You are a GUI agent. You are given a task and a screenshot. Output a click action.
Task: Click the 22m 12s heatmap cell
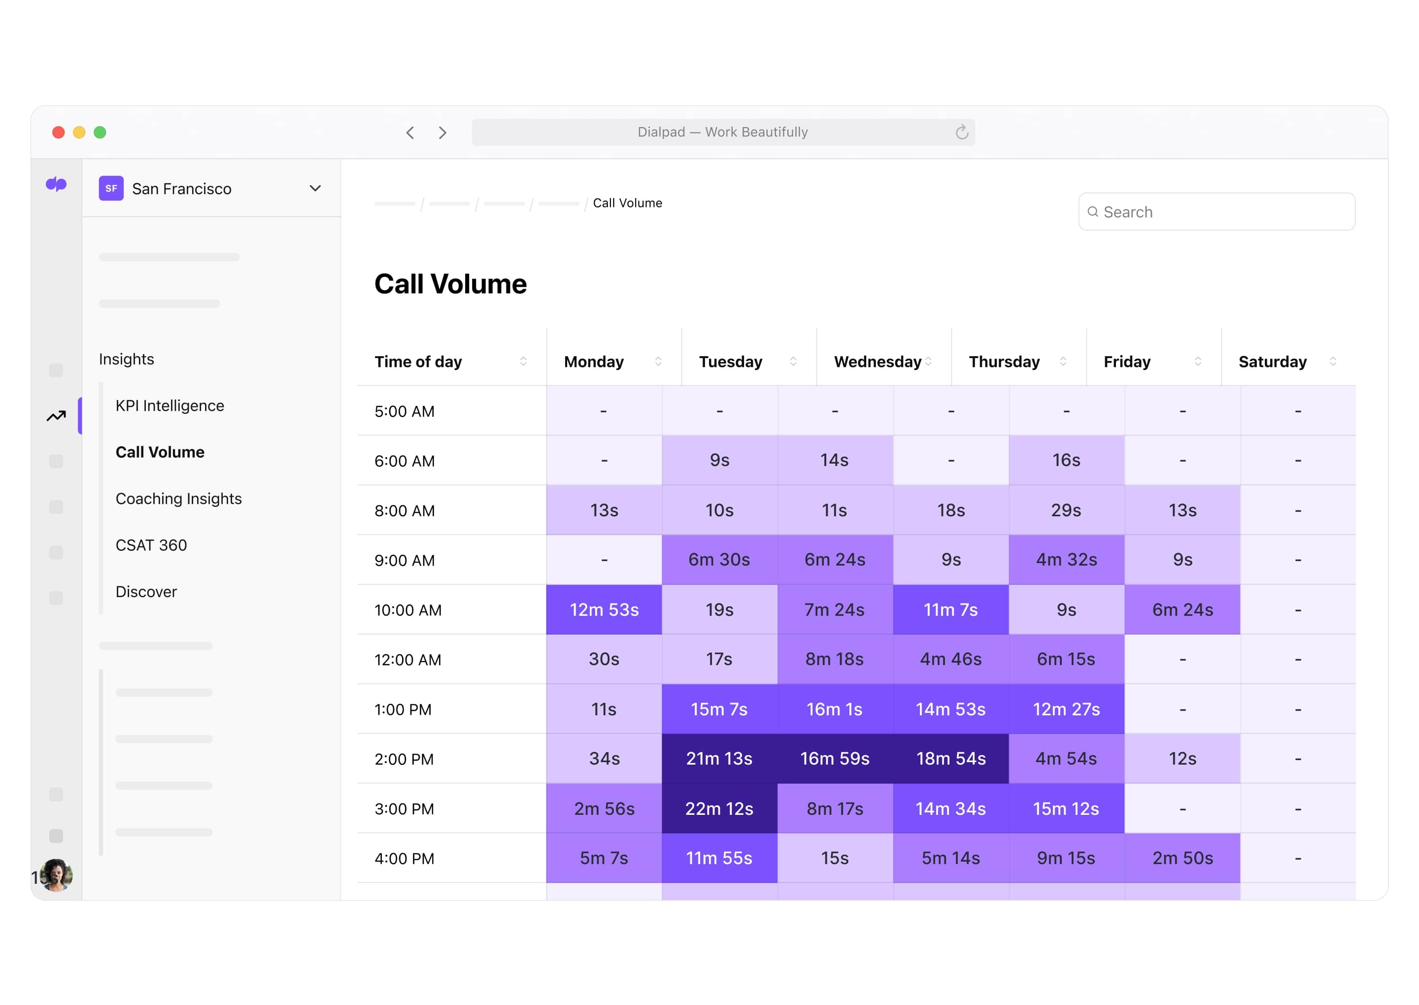click(x=718, y=808)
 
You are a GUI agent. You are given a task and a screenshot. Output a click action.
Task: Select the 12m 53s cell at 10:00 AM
click(x=604, y=609)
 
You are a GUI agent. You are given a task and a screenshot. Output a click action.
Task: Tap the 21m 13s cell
click(x=718, y=758)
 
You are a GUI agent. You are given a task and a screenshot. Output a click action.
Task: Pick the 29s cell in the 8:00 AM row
click(x=1066, y=510)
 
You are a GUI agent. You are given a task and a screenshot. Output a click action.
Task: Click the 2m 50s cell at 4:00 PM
click(x=1182, y=858)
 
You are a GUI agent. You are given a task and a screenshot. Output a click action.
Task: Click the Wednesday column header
click(x=877, y=362)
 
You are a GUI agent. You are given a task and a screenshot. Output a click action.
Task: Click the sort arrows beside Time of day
click(x=523, y=362)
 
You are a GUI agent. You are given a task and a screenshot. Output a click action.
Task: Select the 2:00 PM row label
click(x=404, y=759)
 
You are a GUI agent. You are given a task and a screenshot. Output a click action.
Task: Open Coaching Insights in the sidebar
click(x=178, y=498)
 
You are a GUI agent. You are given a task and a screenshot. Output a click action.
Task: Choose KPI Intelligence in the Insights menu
click(x=169, y=405)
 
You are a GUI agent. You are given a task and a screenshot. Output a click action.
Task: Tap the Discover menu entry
click(x=146, y=592)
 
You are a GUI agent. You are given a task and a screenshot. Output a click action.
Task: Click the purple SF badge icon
click(x=111, y=188)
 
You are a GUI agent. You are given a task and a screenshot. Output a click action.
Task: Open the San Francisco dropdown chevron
click(x=315, y=188)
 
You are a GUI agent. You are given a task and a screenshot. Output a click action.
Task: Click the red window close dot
click(x=58, y=132)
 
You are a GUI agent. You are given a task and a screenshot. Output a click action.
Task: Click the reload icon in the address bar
click(x=961, y=132)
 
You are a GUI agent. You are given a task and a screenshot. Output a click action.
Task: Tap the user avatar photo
click(x=56, y=874)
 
